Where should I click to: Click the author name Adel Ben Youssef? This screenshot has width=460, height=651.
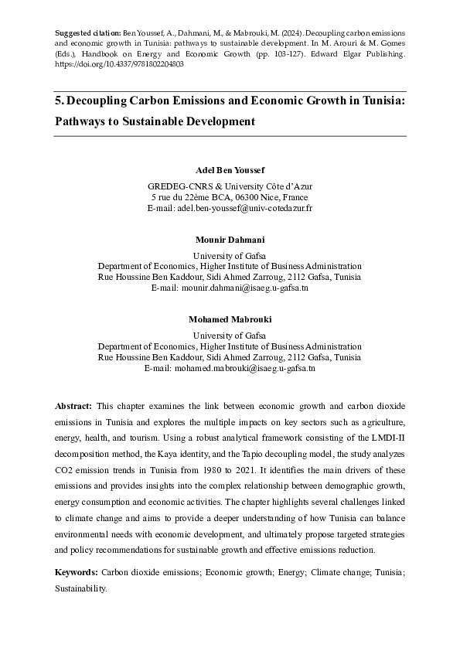tap(230, 169)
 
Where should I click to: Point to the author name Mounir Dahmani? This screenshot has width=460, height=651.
tap(230, 240)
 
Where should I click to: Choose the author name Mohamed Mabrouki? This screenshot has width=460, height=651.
tap(230, 319)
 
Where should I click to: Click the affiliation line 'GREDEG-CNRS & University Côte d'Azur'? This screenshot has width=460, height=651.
tap(230, 186)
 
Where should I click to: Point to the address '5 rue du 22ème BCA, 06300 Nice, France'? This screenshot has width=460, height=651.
tap(230, 197)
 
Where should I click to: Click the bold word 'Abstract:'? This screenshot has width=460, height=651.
tap(73, 406)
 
